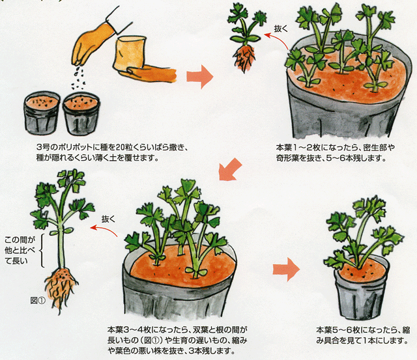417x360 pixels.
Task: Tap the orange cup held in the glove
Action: (x=130, y=55)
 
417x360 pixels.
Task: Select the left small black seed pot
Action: (x=42, y=113)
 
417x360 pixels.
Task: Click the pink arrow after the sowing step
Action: (x=200, y=77)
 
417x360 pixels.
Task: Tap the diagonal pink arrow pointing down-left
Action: (x=229, y=169)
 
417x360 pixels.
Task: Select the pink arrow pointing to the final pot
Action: (x=287, y=269)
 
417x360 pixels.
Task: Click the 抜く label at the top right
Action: (x=281, y=29)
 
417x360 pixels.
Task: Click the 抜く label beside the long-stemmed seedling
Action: (x=109, y=219)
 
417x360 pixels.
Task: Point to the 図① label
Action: (x=38, y=301)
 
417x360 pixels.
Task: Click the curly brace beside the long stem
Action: (x=42, y=250)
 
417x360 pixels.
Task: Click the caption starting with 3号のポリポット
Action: (x=112, y=152)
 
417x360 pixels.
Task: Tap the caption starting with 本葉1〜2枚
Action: (x=335, y=152)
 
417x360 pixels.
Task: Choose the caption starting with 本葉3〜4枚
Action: (x=177, y=340)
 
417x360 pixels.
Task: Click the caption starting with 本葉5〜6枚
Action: (x=363, y=335)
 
